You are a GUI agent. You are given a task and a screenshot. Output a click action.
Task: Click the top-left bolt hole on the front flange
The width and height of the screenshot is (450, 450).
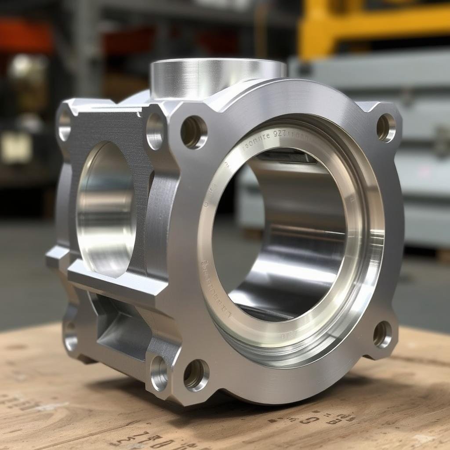pos(194,132)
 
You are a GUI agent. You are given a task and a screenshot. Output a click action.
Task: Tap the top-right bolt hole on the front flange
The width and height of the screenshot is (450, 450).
pos(386,127)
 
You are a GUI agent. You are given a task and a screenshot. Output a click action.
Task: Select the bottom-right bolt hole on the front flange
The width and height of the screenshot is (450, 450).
pos(382,334)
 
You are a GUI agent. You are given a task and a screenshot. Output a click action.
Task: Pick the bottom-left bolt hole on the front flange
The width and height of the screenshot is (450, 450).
pos(196,375)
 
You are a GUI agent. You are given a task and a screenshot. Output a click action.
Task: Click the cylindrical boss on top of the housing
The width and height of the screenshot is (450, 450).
pos(218,77)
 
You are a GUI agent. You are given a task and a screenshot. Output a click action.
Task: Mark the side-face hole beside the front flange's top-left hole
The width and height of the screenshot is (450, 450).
pos(155,131)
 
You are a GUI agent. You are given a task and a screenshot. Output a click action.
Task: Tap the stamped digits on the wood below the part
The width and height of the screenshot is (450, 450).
pos(145,439)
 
